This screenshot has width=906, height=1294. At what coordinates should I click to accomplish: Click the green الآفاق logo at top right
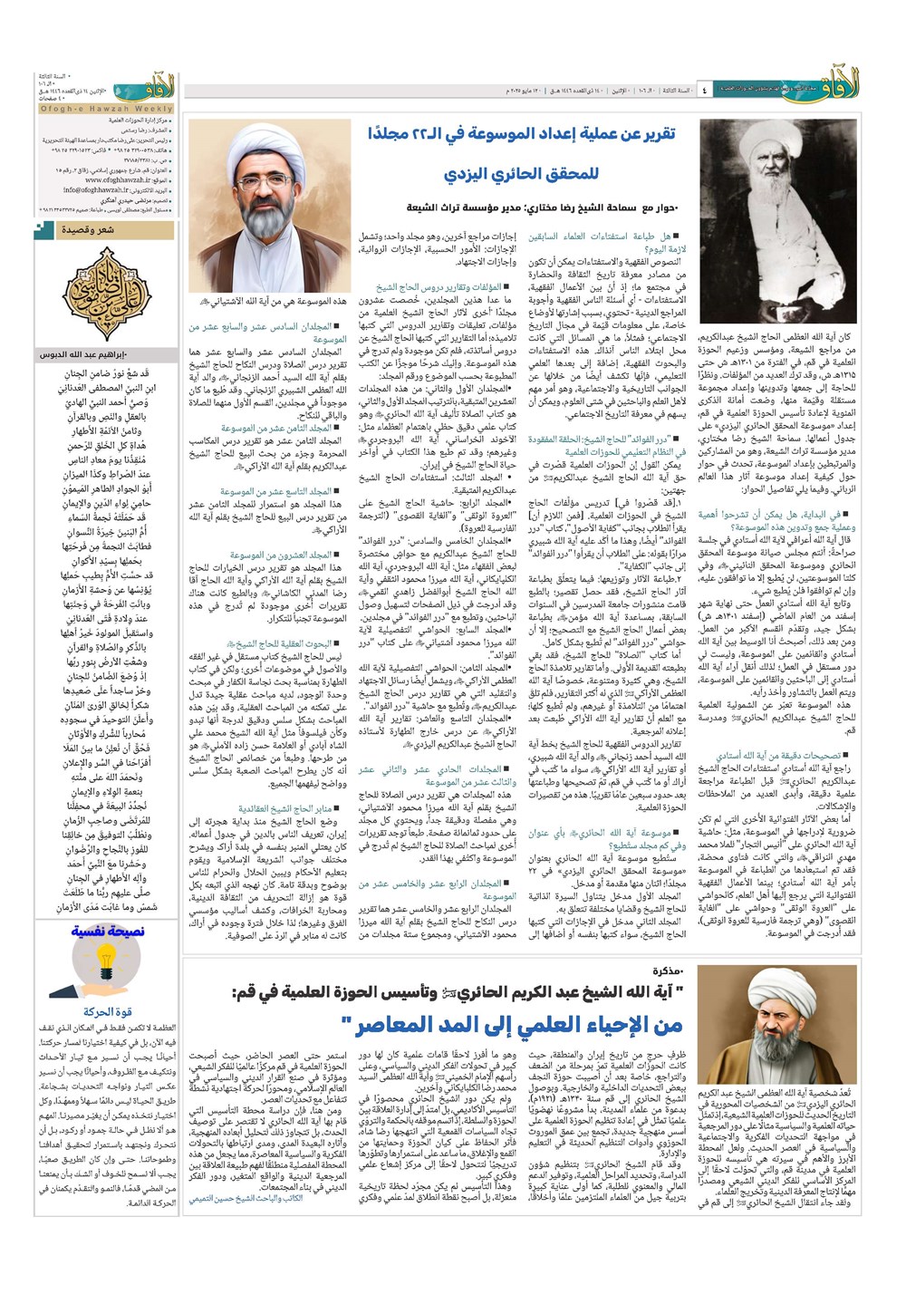tap(875, 88)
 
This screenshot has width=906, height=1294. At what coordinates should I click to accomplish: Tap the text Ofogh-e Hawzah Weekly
tap(107, 109)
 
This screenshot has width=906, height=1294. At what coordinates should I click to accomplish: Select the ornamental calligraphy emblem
tap(107, 291)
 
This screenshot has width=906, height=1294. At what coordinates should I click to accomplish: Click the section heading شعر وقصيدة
tap(88, 230)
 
